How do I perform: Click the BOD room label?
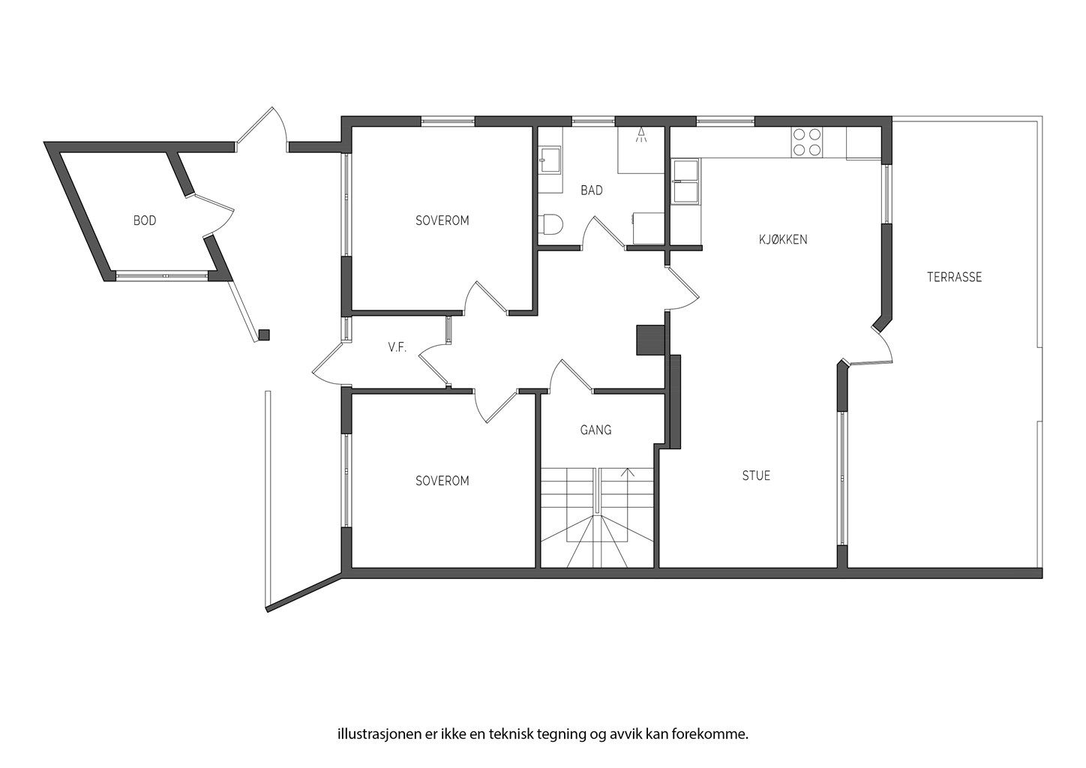[x=145, y=220]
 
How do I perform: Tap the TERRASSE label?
[x=954, y=277]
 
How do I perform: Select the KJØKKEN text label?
[x=783, y=240]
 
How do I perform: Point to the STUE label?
[x=756, y=475]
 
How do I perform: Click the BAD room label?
[x=591, y=190]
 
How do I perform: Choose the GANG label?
[x=595, y=430]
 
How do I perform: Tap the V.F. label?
[x=397, y=347]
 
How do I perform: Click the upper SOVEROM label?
[x=442, y=220]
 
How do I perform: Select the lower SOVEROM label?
[x=442, y=481]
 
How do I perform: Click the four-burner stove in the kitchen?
[x=806, y=142]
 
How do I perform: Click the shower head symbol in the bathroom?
[x=640, y=136]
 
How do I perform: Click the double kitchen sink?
[x=686, y=181]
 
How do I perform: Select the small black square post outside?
[x=264, y=335]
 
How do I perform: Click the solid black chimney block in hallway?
[x=649, y=339]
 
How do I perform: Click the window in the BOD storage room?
[x=161, y=275]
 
